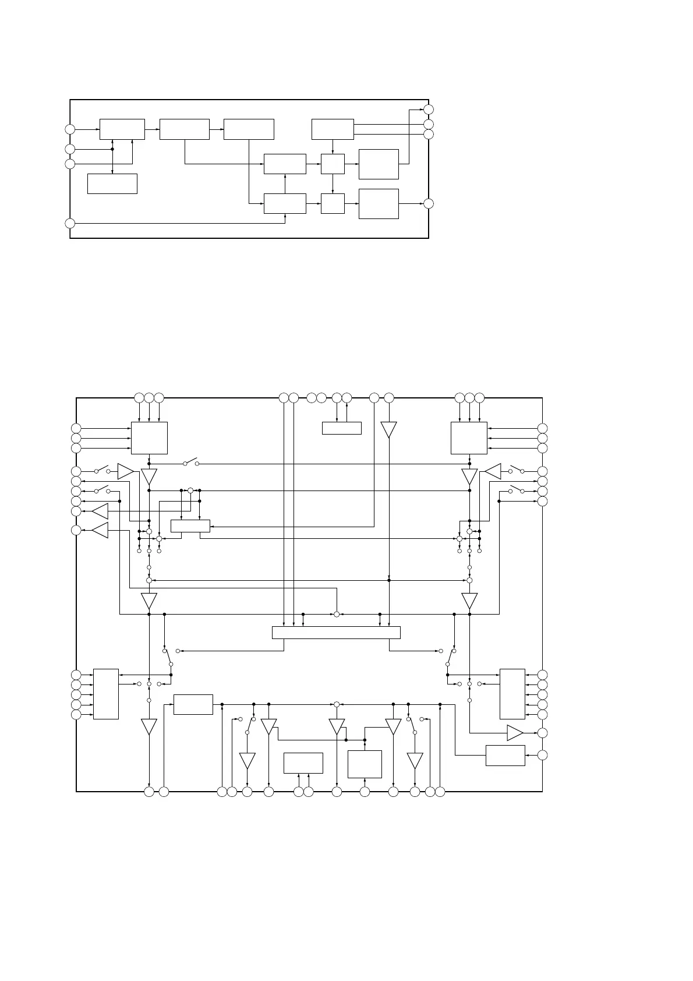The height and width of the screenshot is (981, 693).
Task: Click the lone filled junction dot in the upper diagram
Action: coord(112,149)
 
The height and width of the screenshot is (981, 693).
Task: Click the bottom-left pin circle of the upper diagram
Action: coord(70,223)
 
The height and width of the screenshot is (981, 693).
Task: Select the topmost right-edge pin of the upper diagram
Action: coord(429,110)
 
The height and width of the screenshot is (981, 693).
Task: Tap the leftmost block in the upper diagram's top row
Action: coord(122,129)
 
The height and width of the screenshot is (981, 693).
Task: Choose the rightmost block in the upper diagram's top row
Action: coord(333,129)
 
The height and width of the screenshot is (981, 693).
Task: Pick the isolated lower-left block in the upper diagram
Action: coord(112,184)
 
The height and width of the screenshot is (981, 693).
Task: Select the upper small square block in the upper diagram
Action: coord(333,164)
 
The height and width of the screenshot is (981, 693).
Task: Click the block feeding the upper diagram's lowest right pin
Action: coord(379,203)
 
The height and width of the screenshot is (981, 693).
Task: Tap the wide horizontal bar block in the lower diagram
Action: coord(336,632)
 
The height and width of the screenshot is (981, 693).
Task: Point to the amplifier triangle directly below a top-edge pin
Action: coord(388,429)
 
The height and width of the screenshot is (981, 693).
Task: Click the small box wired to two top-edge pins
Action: coord(341,428)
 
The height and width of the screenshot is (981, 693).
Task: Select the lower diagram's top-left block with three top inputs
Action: coord(149,437)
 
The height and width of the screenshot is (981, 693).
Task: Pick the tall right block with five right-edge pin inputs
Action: coord(512,694)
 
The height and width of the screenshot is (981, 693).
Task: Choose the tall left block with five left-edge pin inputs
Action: coord(106,694)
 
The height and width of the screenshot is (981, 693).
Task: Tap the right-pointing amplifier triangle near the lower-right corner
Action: coord(515,733)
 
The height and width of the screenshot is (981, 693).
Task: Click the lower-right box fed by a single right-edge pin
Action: coord(505,756)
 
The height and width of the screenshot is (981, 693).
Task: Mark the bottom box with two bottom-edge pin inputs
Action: coord(303,763)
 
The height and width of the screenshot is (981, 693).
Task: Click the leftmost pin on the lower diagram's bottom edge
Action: coord(149,792)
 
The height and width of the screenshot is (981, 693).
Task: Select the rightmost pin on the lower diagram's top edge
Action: coord(479,398)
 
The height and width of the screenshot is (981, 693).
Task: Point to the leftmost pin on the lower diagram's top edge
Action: coord(139,398)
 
